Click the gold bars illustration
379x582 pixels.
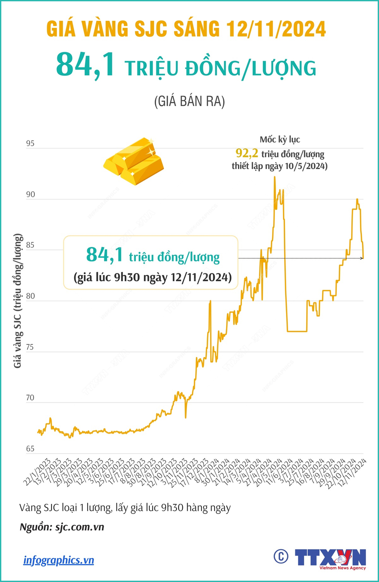(x=134, y=160)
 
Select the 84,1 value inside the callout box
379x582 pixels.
(x=104, y=255)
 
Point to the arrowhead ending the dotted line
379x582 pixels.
(x=361, y=258)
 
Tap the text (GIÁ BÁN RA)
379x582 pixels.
(x=189, y=102)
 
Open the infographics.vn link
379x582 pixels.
(x=59, y=560)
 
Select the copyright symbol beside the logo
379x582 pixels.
(x=280, y=556)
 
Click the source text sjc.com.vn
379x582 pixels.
(x=79, y=527)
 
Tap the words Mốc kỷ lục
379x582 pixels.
(x=279, y=140)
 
